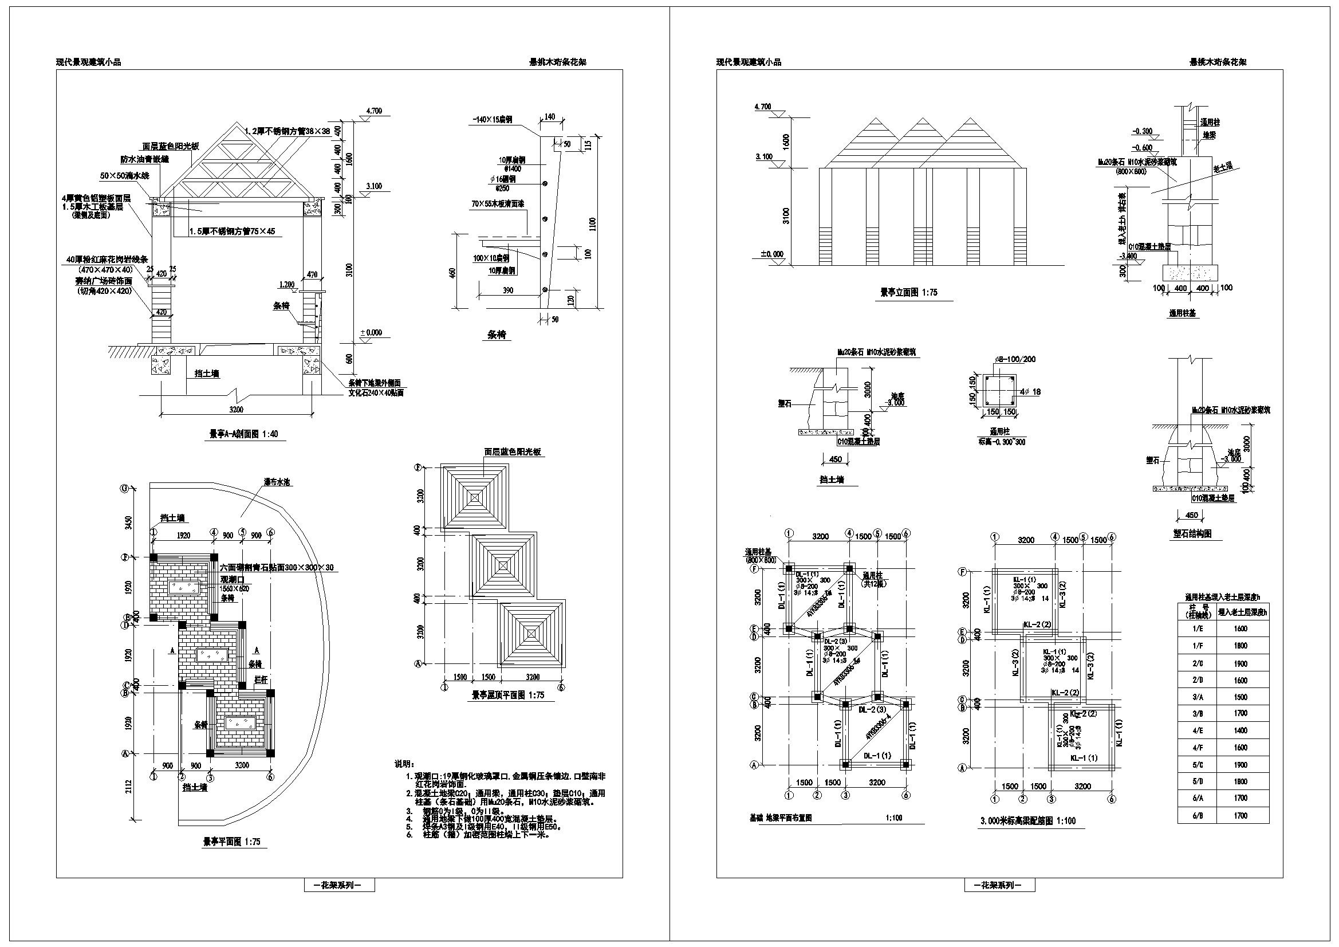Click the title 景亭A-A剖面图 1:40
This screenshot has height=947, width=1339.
point(243,434)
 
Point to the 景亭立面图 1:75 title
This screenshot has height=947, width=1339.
point(908,292)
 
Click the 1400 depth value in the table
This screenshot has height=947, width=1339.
point(1240,730)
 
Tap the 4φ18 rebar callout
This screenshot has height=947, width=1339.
point(1029,392)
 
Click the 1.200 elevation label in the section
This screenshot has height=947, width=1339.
point(286,284)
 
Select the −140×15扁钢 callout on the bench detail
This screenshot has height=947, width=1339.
point(493,120)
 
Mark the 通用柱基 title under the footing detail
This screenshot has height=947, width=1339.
point(1182,313)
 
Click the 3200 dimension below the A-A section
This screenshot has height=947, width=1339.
point(235,410)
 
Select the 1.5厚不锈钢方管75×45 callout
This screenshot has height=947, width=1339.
point(231,231)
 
